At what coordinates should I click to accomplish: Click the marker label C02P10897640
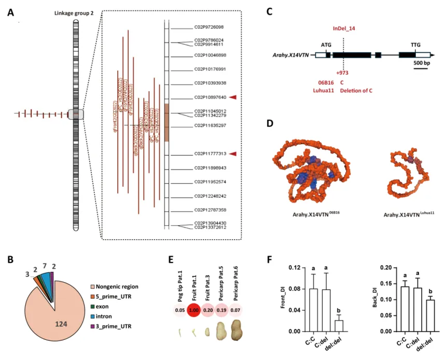tap(210, 97)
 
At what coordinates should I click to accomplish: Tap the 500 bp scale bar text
tap(421, 63)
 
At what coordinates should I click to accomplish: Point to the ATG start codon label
tap(326, 45)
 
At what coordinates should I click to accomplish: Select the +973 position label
tap(342, 73)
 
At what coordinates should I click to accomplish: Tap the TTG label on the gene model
tap(415, 45)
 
